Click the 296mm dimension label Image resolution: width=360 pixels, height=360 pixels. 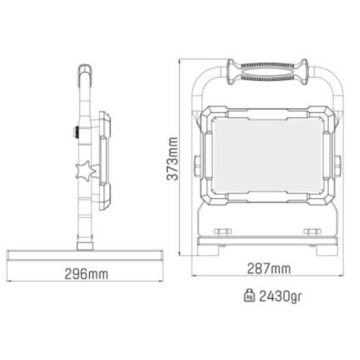tap(86, 274)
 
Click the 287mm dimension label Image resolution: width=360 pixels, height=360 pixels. tap(269, 269)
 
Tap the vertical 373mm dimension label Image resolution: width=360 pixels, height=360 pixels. tap(173, 158)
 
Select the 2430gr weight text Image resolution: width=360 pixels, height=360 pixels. tap(280, 297)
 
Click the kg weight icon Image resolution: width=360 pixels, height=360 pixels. tap(250, 296)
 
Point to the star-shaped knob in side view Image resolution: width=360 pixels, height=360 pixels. tap(86, 170)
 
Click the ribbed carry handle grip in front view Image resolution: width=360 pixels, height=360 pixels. tap(267, 72)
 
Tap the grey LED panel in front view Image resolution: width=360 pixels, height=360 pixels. tap(267, 156)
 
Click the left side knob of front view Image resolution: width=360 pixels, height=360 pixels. tap(197, 166)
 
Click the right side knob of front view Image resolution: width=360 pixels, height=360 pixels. tap(338, 166)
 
